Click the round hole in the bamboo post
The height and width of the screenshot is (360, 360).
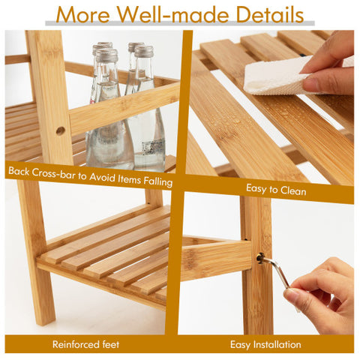tap(60, 130)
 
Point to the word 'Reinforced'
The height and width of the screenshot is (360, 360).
tap(76, 345)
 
